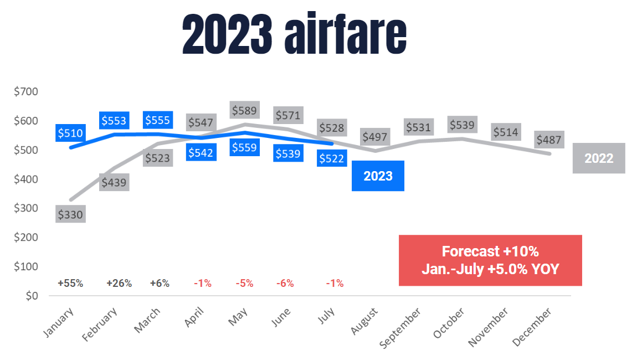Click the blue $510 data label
(70, 133)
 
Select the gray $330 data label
(70, 214)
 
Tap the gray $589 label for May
(244, 110)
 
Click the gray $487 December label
(549, 140)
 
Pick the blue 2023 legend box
(378, 176)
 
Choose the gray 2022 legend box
(599, 158)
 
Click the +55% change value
(70, 283)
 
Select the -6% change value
(285, 283)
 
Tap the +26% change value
(119, 283)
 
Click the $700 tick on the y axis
(25, 91)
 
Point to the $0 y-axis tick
(31, 296)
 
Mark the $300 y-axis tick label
(25, 208)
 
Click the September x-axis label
(400, 328)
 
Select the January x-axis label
(58, 323)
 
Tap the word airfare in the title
(346, 36)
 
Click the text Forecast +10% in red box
(490, 251)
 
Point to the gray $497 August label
(374, 136)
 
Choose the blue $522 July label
(331, 158)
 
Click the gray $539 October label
(462, 125)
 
